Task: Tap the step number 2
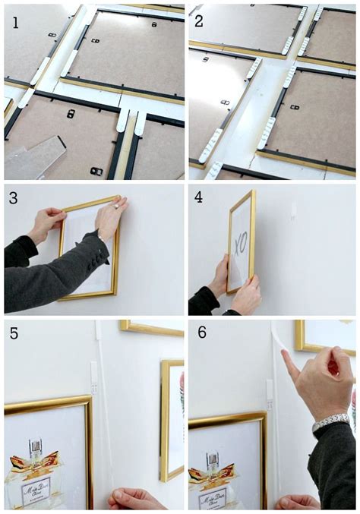coord(199,20)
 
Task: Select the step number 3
coord(15,198)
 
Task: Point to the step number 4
coord(199,198)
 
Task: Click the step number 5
coord(15,334)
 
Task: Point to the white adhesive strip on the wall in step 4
coord(292,209)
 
